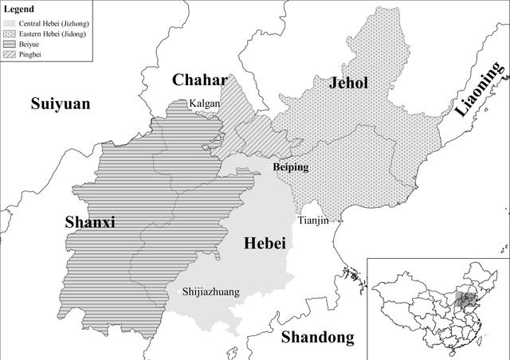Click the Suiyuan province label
(x=61, y=104)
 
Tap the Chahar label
(x=199, y=80)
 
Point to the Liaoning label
(x=480, y=92)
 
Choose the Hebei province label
(x=262, y=243)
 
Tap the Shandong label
(x=317, y=337)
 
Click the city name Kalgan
(x=204, y=104)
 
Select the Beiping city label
(x=290, y=167)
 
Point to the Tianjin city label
(x=312, y=220)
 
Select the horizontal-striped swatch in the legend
(x=9, y=45)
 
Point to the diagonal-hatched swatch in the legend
(x=9, y=56)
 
